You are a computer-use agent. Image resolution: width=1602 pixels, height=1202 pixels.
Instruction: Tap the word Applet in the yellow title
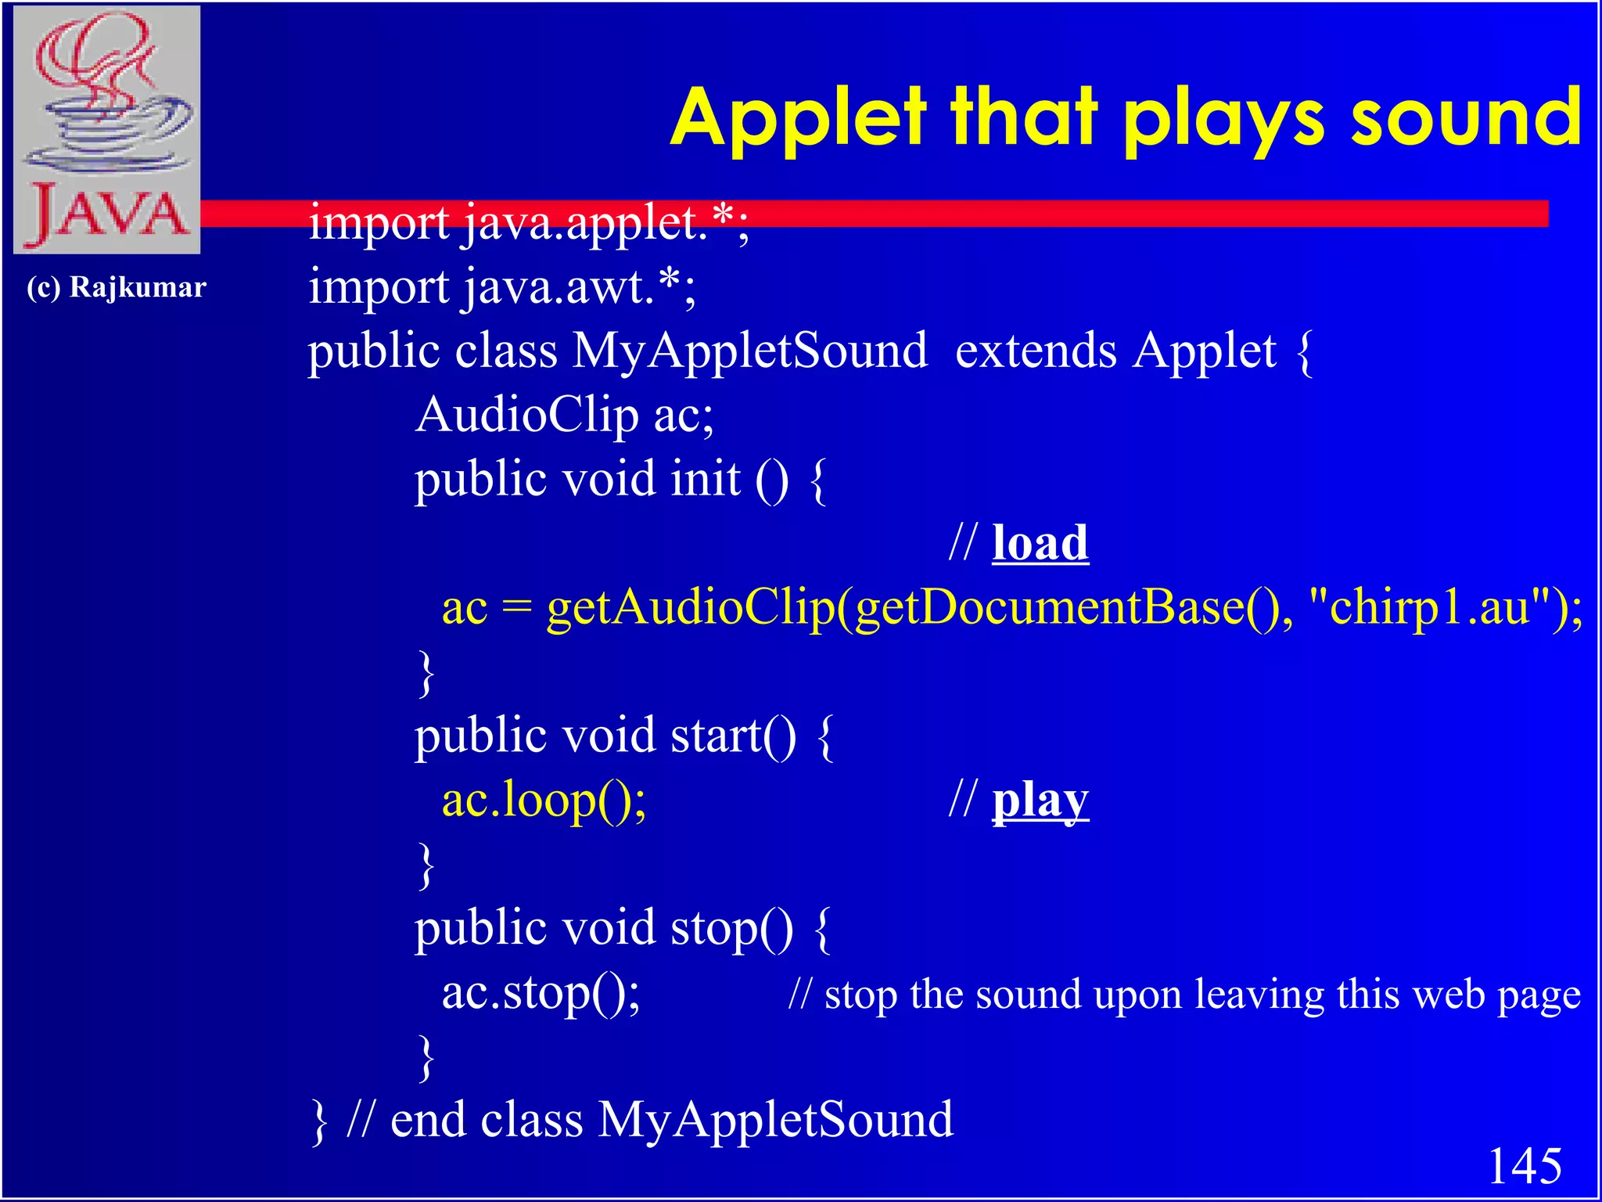coord(798,119)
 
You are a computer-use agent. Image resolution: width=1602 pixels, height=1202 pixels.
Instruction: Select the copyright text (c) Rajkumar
coord(117,287)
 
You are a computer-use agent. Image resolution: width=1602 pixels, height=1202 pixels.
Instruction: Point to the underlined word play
coord(1040,801)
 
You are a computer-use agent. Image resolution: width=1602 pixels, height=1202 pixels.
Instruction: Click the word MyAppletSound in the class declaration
coord(749,351)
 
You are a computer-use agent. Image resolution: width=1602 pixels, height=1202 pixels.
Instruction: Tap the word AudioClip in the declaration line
coord(526,415)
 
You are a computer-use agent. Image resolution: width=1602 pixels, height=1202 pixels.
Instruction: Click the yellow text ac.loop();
coord(544,800)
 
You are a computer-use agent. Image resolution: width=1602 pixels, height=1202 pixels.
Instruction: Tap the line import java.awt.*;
coord(501,286)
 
